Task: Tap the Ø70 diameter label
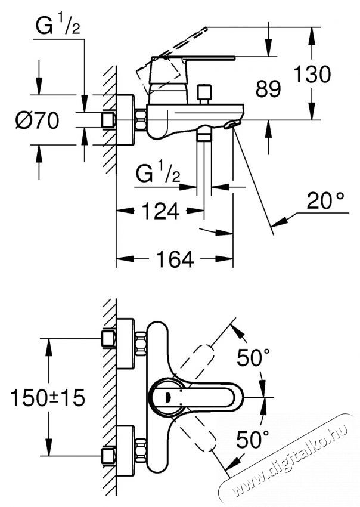pos(36,121)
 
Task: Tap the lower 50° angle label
pos(253,440)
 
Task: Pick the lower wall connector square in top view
pos(107,456)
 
